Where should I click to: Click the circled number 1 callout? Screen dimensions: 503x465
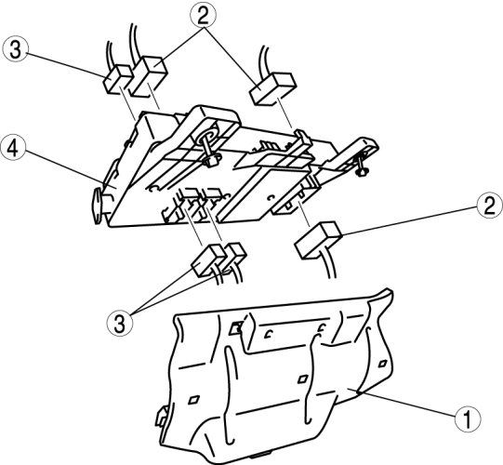(468, 418)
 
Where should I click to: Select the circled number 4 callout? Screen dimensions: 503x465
(13, 148)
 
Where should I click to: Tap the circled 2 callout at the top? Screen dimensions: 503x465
(203, 15)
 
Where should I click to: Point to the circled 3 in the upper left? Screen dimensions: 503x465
(16, 50)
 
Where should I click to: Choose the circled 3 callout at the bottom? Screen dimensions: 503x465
(120, 323)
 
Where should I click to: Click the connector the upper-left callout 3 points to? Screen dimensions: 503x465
(117, 80)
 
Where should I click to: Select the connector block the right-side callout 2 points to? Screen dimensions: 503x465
(318, 241)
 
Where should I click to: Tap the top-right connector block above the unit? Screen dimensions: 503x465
(272, 88)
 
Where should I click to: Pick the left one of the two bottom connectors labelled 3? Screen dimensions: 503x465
(208, 260)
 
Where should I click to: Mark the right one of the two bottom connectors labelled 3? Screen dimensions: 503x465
(234, 255)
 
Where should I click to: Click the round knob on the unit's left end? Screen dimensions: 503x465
(98, 206)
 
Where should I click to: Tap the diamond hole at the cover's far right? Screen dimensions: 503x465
(383, 364)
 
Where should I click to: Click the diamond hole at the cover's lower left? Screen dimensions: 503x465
(193, 400)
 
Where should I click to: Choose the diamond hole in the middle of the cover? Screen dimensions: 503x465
(302, 379)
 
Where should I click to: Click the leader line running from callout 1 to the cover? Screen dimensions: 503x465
(407, 404)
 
